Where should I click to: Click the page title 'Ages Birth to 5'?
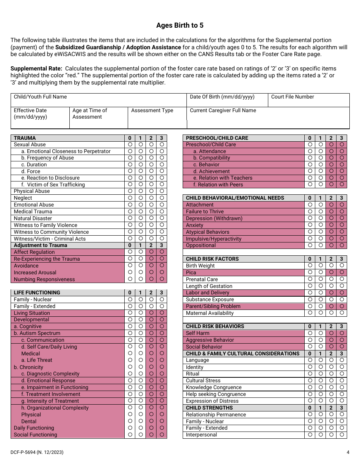point(180,25)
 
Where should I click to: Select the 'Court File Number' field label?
point(292,97)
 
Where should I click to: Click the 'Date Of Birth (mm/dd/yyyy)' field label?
point(222,97)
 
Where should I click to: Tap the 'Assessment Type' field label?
point(152,111)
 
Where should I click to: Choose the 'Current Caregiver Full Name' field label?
point(223,111)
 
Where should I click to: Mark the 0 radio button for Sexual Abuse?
point(130,144)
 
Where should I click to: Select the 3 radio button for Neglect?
point(162,198)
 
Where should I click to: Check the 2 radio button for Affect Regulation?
point(151,252)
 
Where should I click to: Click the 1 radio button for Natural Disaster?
point(141,218)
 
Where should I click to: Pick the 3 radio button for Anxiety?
point(342,225)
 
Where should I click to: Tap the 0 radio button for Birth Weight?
point(310,266)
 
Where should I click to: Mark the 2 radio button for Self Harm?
point(331,333)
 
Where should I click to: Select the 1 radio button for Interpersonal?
point(321,435)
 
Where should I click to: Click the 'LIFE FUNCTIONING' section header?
point(37,292)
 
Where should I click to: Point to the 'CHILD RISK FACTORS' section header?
point(212,259)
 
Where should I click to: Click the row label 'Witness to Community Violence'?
point(51,232)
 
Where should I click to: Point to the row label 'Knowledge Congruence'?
point(213,388)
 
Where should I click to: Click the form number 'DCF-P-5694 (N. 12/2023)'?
point(37,452)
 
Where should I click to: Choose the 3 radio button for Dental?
point(162,421)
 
